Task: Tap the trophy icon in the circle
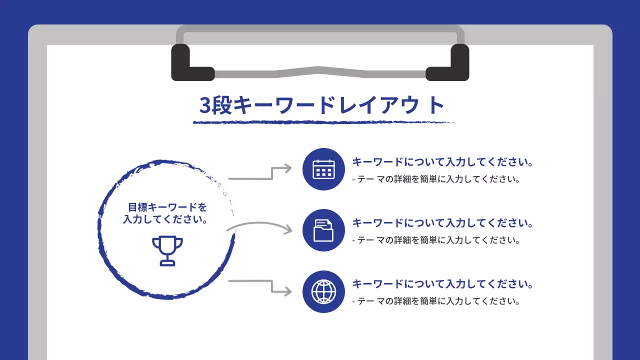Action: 167,250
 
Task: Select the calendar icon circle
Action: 323,169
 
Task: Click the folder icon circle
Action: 323,230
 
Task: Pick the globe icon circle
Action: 323,291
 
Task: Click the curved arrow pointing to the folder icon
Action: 260,226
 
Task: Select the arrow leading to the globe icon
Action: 260,285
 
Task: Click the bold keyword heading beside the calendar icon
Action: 442,162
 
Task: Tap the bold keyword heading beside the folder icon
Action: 442,223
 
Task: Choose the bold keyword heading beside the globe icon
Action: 442,284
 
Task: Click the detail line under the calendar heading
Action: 436,179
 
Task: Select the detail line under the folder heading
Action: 436,240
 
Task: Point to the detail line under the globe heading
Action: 436,301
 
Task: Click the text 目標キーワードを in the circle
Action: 167,207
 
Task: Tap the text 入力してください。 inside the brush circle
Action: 165,219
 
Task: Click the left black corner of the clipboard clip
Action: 187,65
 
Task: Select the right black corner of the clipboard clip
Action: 452,65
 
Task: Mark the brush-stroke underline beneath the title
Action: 324,122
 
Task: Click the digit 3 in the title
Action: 205,105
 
